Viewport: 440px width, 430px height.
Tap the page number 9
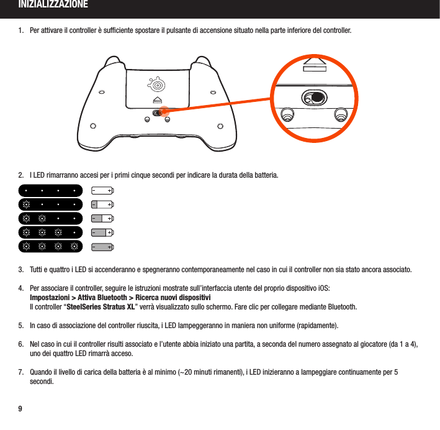point(20,408)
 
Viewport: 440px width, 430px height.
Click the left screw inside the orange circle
point(287,116)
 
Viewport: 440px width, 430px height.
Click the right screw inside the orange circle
point(340,116)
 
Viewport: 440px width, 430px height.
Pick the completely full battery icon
point(102,247)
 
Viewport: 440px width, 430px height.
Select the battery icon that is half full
point(102,218)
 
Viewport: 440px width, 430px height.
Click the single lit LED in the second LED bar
point(26,204)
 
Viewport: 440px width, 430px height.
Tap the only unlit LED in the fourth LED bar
point(74,232)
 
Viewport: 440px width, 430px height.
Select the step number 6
point(21,344)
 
